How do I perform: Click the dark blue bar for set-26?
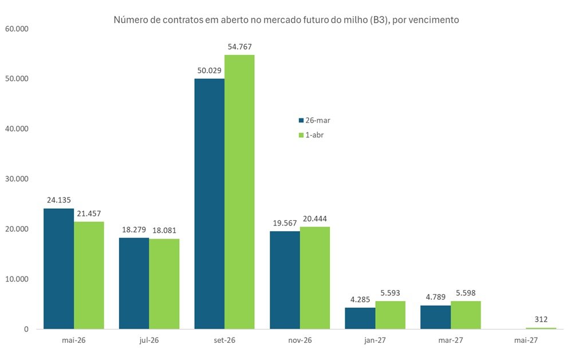pos(209,203)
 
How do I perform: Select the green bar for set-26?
pos(239,192)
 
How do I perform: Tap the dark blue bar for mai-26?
pos(58,268)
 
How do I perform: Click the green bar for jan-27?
pos(390,315)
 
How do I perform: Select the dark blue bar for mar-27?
pos(435,317)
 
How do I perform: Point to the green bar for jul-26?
pos(164,283)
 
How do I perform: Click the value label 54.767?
pos(239,47)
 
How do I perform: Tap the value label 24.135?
pos(59,200)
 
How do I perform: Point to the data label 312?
pos(541,320)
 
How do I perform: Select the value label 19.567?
pos(285,223)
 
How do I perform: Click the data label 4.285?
pos(360,300)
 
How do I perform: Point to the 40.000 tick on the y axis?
pos(17,129)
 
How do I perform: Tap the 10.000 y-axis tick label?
pos(17,279)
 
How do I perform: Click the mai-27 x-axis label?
pos(525,339)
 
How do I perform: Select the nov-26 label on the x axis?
pos(300,339)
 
